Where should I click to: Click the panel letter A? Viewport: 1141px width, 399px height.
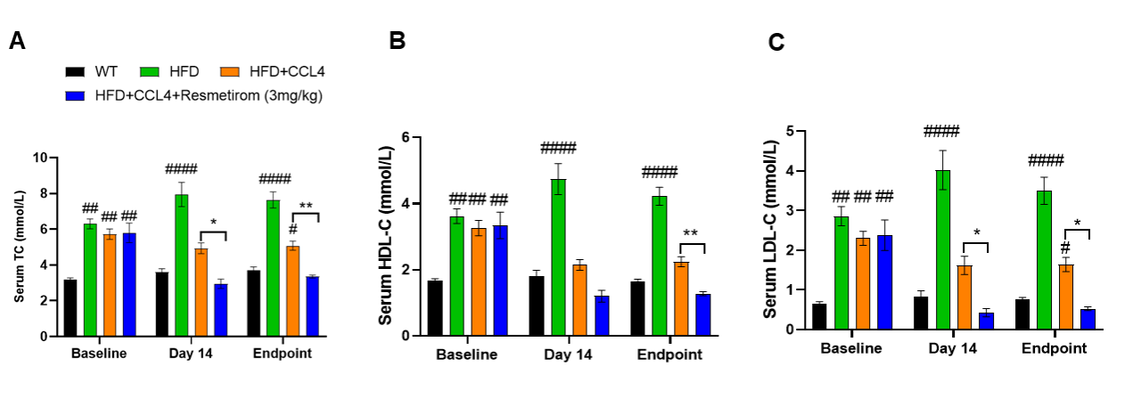(x=17, y=41)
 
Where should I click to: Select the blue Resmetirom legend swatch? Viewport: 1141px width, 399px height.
(x=74, y=94)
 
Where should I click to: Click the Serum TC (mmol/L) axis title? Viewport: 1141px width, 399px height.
(x=19, y=247)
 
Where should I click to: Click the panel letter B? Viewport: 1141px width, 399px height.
(x=398, y=41)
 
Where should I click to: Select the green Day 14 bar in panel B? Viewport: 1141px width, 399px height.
(x=558, y=257)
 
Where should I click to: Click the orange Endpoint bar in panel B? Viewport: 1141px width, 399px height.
(x=680, y=298)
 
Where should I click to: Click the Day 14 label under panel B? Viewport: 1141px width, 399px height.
(x=568, y=355)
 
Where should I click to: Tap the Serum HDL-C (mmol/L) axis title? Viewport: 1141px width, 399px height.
(x=385, y=236)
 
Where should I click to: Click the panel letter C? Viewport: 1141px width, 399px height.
(x=776, y=43)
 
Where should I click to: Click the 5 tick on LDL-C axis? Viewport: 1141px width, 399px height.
(x=791, y=131)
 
